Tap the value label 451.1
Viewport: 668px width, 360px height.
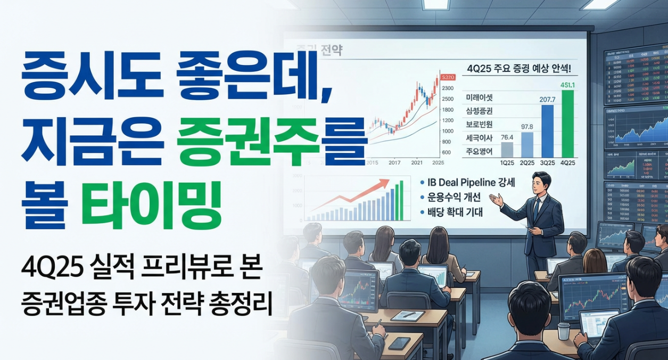click(x=567, y=84)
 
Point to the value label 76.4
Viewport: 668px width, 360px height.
click(x=507, y=137)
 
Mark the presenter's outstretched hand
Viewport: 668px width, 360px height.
click(x=494, y=201)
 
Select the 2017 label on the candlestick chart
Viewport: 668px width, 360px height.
click(x=395, y=162)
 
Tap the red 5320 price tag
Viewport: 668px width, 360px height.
click(x=448, y=78)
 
